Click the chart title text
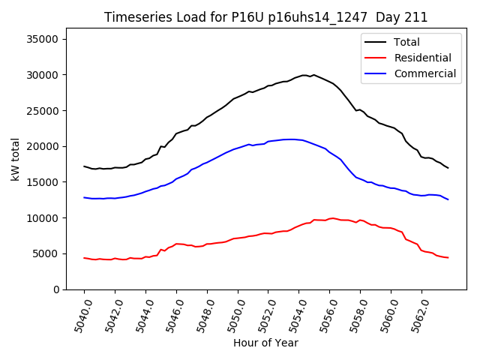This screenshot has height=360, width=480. tap(265, 17)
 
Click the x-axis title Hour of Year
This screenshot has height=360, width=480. tap(265, 343)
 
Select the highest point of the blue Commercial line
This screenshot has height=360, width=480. tap(289, 139)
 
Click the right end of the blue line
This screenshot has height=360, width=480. tap(448, 199)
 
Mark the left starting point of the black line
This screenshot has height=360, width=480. tap(84, 166)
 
